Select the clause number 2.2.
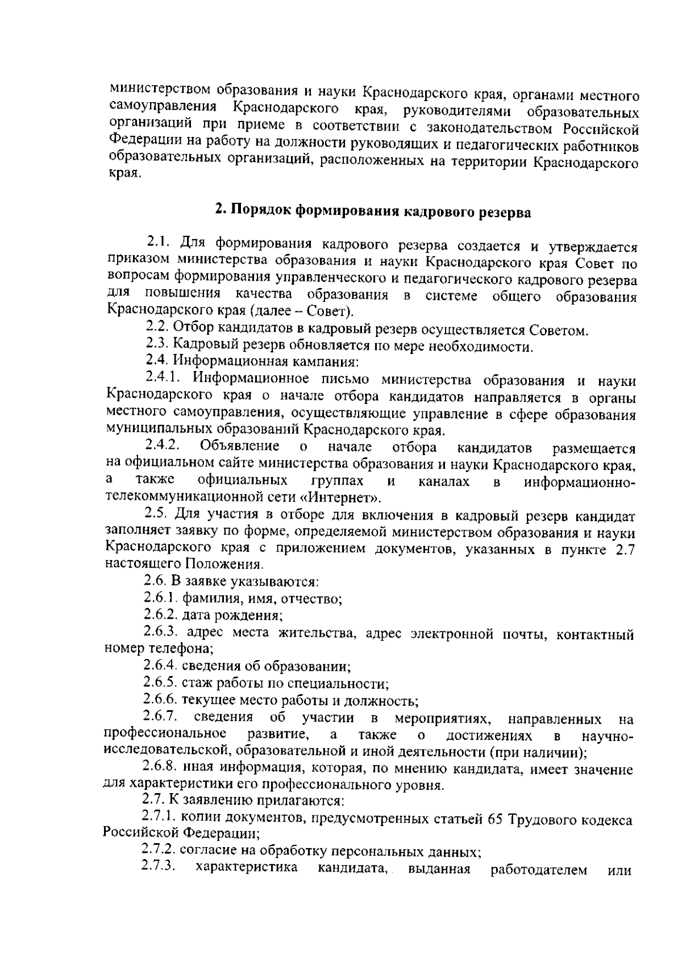click(157, 328)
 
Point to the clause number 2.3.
click(157, 344)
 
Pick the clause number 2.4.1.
click(163, 378)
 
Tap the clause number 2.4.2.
click(163, 445)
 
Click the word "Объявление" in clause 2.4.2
click(239, 445)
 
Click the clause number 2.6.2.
click(161, 615)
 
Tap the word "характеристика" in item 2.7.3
click(246, 868)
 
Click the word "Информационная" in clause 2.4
click(226, 361)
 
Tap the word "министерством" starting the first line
click(154, 90)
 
